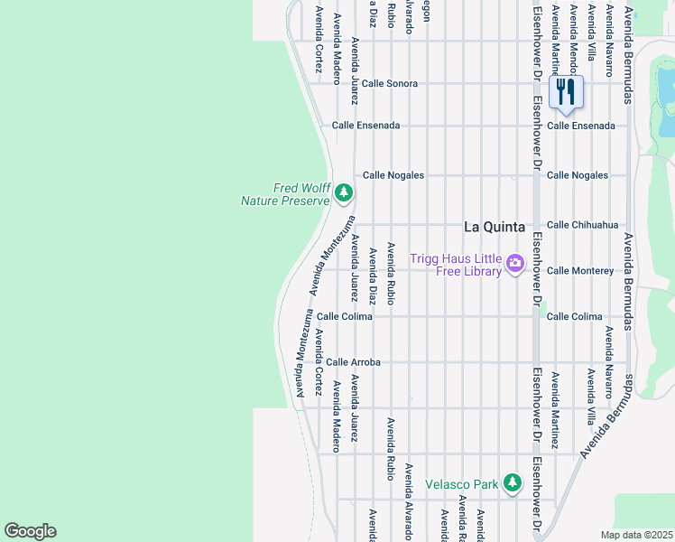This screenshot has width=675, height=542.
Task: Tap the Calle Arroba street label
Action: [353, 362]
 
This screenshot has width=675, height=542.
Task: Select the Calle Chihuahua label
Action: [582, 225]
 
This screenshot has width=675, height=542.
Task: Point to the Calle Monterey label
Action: [580, 271]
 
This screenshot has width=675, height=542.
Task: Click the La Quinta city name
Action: [494, 226]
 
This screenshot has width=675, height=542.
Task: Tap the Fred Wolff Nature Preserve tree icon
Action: [343, 192]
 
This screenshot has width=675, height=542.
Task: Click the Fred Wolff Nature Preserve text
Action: [284, 194]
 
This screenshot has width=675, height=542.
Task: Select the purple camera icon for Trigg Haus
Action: [515, 264]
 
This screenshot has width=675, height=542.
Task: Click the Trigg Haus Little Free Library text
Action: [455, 264]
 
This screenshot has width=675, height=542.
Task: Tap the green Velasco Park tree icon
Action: [513, 483]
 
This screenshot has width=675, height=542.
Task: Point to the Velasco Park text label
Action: [461, 484]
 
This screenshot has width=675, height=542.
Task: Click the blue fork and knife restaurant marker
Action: [566, 92]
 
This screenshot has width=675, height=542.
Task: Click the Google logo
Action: [30, 531]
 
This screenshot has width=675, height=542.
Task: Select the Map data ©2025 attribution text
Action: [636, 535]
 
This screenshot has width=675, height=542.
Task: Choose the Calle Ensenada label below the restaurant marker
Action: [580, 126]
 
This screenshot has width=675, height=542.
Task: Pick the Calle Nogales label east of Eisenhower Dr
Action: [578, 175]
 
